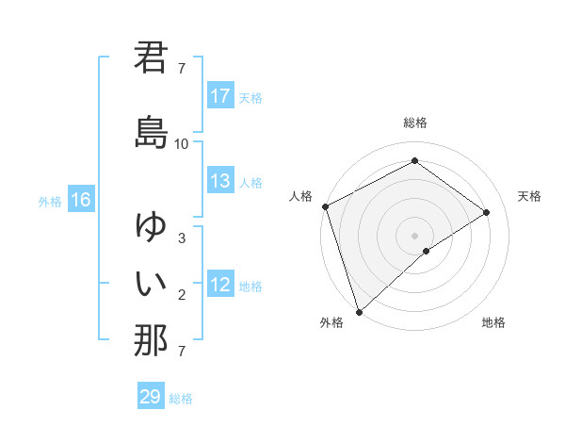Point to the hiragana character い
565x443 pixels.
point(151,282)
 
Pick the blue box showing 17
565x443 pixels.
point(220,96)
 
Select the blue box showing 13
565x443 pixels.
point(220,181)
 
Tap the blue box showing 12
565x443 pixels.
point(220,286)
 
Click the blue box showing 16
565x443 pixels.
point(80,200)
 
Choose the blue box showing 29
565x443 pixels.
point(150,397)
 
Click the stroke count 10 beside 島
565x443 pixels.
point(182,144)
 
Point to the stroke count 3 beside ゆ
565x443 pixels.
point(182,238)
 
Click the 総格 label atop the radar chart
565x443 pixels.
point(415,123)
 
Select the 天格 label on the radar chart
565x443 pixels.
point(529,196)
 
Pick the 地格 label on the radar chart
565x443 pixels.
point(493,322)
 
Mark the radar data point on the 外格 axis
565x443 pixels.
point(359,311)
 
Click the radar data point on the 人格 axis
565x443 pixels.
point(325,205)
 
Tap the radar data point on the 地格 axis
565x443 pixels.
point(427,251)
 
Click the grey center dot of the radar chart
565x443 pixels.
point(415,235)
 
